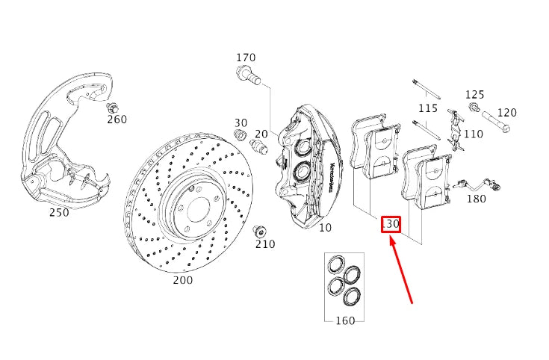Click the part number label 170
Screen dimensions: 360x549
246,58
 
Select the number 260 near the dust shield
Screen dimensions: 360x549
117,119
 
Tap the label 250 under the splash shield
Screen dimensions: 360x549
59,212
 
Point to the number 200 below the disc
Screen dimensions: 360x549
182,280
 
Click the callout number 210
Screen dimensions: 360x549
265,243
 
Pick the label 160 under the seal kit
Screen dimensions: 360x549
345,320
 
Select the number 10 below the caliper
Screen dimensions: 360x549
325,227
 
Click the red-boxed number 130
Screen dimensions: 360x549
391,224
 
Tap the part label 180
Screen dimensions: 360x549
476,199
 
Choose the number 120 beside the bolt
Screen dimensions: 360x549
506,113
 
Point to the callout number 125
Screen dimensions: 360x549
475,95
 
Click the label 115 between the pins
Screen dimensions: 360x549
428,108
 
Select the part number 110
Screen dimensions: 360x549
474,134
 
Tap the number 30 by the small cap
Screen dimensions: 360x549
241,123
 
